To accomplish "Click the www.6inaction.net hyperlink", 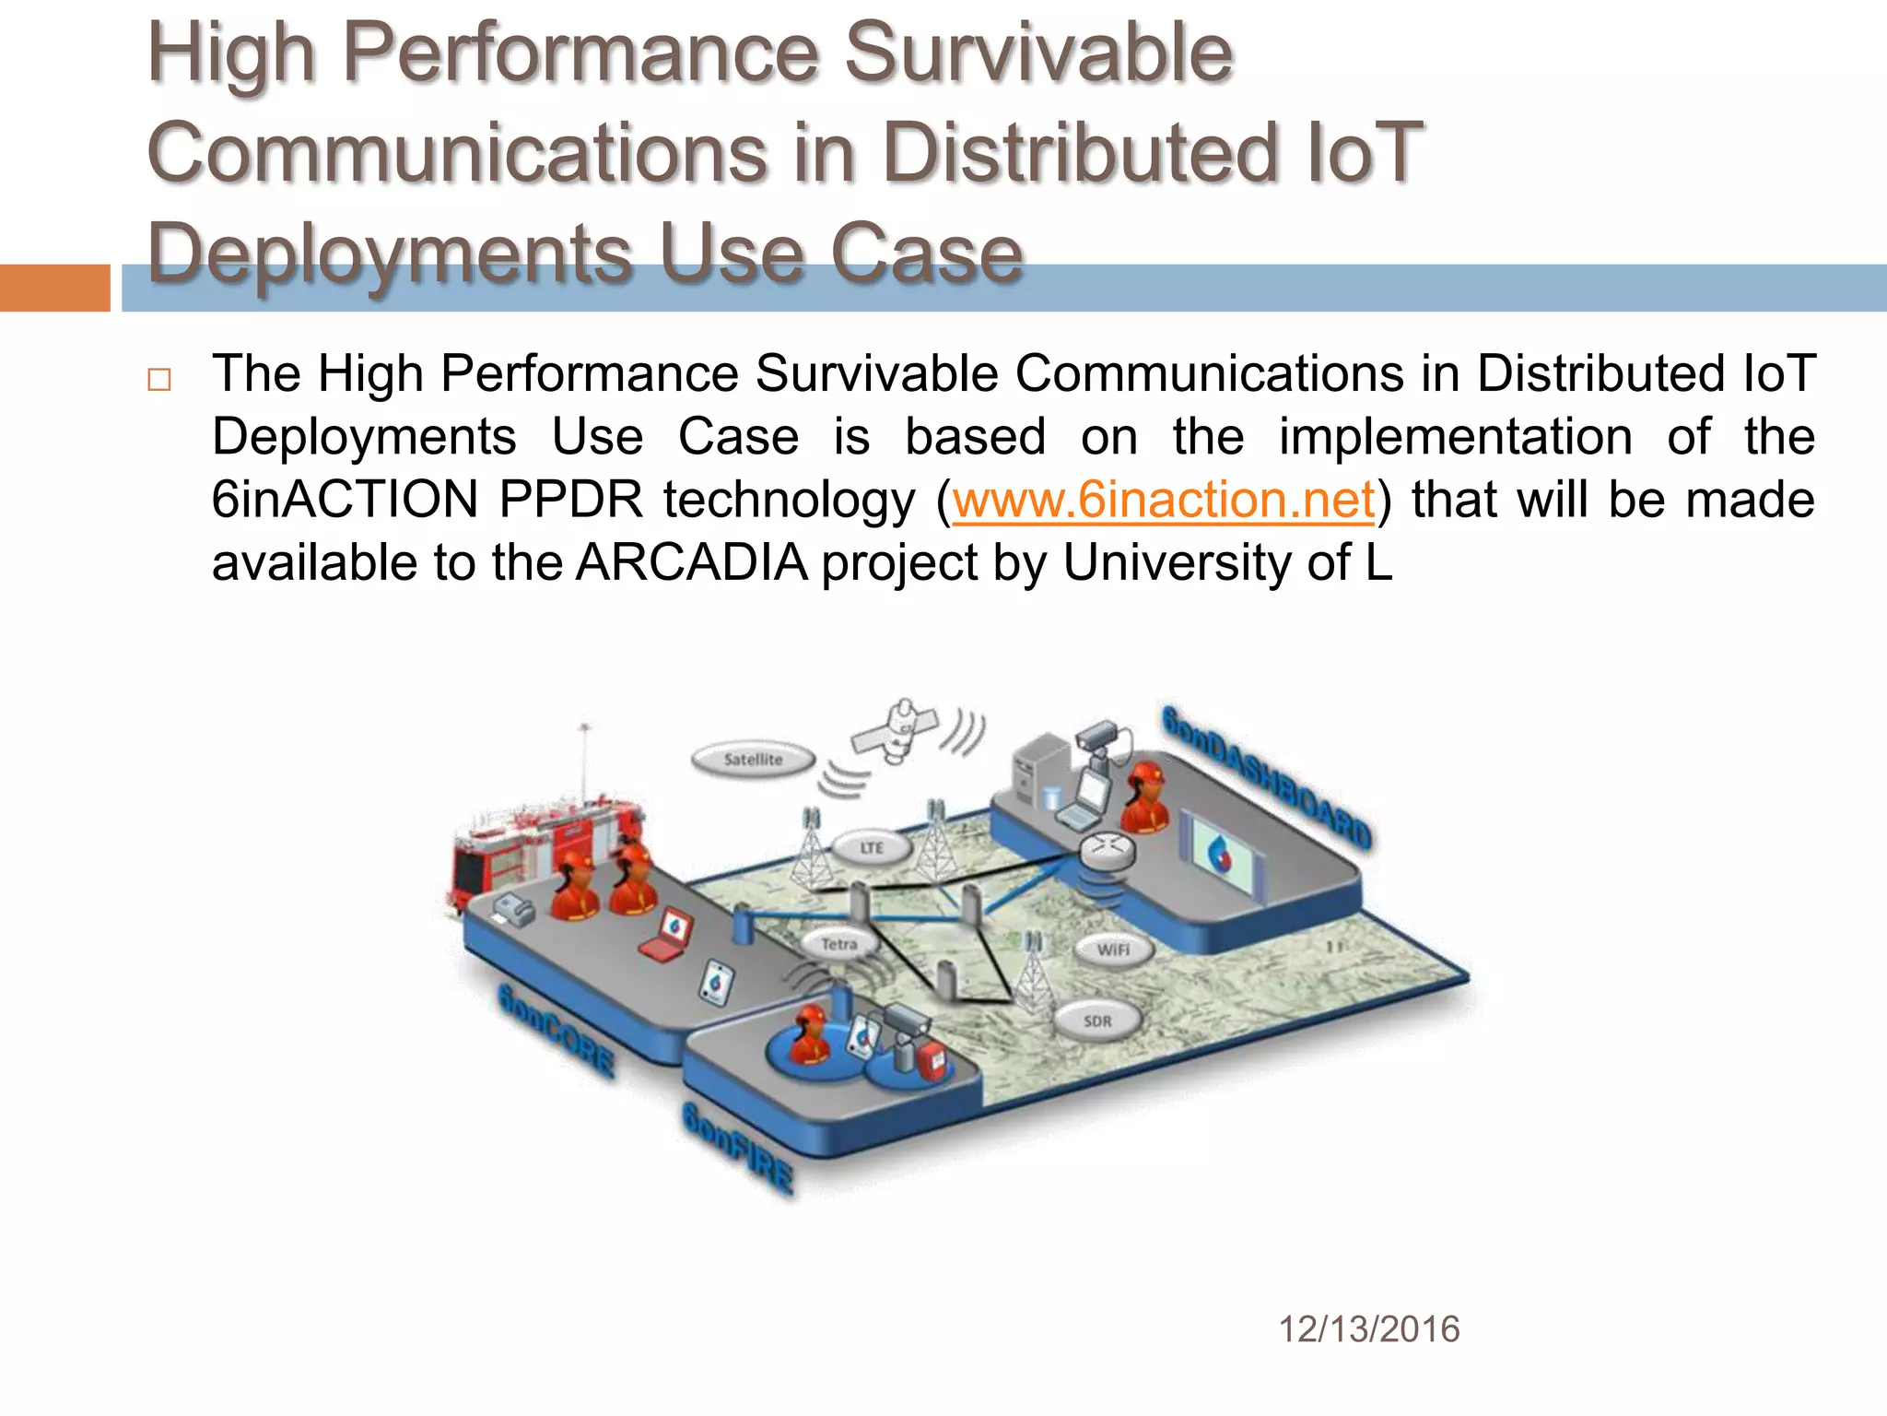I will click(1163, 501).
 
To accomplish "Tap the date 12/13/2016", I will click(1368, 1329).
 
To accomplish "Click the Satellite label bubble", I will click(753, 760).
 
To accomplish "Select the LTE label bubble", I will click(872, 847).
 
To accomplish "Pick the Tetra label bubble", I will click(838, 944).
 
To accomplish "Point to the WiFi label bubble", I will click(1113, 950).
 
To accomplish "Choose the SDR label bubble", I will click(1096, 1021).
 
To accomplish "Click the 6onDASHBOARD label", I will click(1267, 777).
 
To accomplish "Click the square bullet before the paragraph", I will click(158, 380).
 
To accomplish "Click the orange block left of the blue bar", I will click(54, 288).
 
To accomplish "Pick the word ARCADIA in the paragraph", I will click(692, 562).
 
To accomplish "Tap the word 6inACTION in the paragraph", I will click(344, 501).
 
